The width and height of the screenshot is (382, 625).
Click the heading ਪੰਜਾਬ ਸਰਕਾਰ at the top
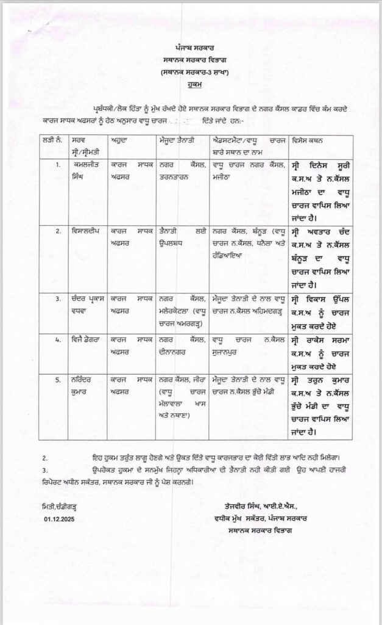coord(191,48)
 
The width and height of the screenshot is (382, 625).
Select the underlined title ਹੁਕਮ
coord(191,87)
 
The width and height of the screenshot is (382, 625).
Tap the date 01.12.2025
coord(57,519)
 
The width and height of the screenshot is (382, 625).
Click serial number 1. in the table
coord(58,164)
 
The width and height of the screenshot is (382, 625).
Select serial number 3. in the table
coord(58,300)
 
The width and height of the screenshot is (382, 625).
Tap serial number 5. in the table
coord(58,379)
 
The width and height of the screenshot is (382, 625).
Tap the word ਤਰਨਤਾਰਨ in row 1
coord(177,175)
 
